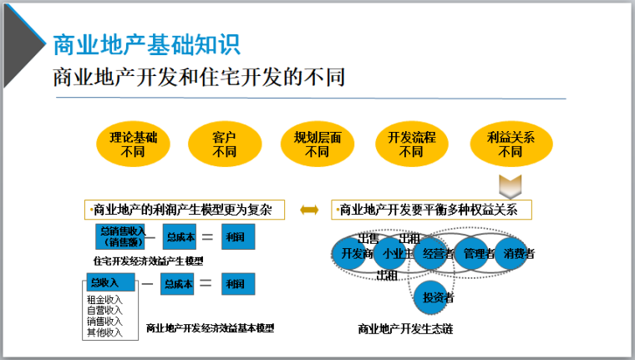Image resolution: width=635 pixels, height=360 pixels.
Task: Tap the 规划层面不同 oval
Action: click(317, 145)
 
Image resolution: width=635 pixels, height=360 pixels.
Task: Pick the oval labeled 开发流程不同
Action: click(411, 145)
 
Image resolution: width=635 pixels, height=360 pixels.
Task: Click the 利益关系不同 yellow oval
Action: click(510, 145)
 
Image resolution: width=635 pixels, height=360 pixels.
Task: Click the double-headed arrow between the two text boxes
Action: click(309, 210)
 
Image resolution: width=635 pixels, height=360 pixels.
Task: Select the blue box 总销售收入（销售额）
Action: click(121, 237)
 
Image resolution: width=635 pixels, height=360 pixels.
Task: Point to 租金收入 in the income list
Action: click(104, 300)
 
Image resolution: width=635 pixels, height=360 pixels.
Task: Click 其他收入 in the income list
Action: click(104, 332)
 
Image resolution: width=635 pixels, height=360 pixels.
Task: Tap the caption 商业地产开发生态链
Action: click(404, 329)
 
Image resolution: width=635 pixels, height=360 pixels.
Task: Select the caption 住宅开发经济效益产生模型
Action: click(147, 261)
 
